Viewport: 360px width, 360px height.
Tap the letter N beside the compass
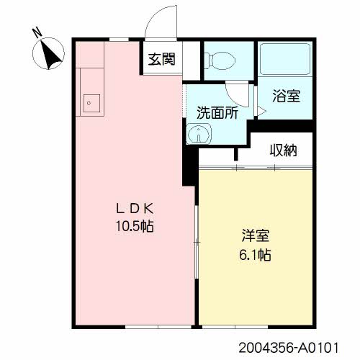click(x=36, y=32)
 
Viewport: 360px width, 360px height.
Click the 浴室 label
click(x=286, y=95)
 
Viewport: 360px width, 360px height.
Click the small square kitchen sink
click(x=91, y=102)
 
